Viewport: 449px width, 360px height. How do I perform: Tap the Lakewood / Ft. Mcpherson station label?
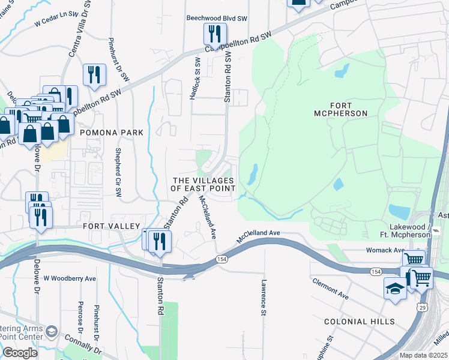coord(418,231)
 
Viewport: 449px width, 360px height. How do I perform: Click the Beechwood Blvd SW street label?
coord(217,19)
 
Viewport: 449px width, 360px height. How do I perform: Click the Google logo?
coord(20,353)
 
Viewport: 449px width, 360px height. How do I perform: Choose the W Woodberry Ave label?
coord(70,279)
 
